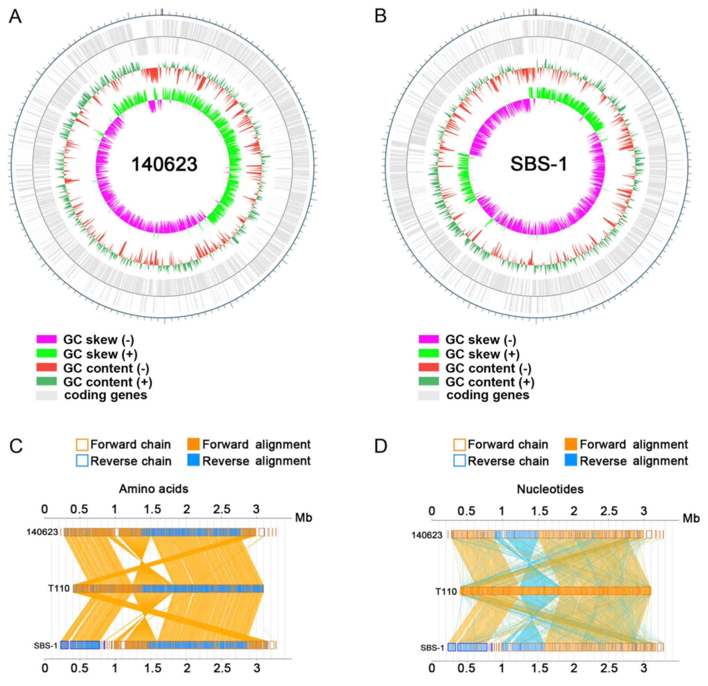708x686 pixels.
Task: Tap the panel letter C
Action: (16, 447)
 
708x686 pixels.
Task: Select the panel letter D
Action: (381, 447)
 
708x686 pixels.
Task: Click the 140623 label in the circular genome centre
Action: (164, 165)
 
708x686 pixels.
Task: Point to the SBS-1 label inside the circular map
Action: (539, 165)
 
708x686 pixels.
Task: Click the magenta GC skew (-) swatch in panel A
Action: (46, 339)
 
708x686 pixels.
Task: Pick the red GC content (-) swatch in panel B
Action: (428, 368)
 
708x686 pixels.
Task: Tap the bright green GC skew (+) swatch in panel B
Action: (428, 354)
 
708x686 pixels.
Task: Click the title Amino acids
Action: (153, 489)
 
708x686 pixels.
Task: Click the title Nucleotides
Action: (550, 489)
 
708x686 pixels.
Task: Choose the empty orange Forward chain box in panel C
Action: (82, 445)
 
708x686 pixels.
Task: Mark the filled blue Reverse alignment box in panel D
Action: (571, 461)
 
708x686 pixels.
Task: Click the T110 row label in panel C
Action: (59, 589)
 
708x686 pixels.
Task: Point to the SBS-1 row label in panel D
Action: (432, 648)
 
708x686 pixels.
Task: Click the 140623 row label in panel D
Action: (427, 535)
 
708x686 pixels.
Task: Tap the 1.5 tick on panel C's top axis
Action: (152, 510)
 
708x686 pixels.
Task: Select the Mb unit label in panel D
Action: (691, 519)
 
